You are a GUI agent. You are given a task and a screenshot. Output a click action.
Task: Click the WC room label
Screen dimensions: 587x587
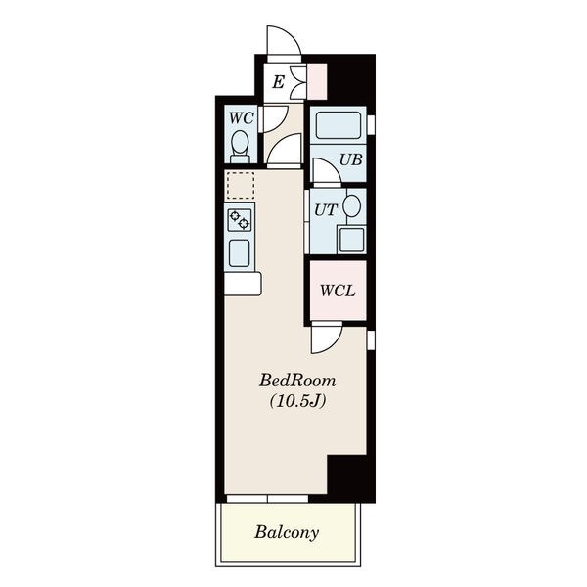click(x=241, y=118)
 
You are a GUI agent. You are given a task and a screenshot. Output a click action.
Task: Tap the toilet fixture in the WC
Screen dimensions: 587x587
click(x=240, y=147)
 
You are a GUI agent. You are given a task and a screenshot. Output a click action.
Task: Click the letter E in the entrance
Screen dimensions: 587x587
click(x=278, y=82)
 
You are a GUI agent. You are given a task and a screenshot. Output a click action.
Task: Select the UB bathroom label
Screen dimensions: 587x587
click(x=351, y=159)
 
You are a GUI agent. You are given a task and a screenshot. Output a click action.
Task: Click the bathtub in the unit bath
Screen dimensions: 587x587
click(x=339, y=125)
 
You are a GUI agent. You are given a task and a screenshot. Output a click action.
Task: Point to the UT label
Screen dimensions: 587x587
click(x=326, y=210)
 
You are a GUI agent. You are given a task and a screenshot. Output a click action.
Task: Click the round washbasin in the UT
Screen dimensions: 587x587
click(x=352, y=205)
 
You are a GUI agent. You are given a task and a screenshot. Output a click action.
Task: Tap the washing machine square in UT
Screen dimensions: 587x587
click(x=351, y=240)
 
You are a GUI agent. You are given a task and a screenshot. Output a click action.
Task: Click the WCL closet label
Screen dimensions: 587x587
click(x=338, y=291)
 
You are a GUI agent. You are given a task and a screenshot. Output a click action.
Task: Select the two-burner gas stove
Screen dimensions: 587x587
click(x=240, y=220)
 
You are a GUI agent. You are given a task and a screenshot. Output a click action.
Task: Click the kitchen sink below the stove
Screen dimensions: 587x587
click(x=240, y=253)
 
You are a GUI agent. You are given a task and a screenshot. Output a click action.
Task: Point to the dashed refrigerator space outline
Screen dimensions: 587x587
click(x=241, y=185)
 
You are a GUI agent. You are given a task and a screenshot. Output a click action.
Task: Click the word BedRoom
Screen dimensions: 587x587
click(x=297, y=381)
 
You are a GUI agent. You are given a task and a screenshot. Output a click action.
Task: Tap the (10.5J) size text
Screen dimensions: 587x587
click(x=297, y=401)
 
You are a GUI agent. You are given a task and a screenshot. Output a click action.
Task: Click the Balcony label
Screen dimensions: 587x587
click(x=287, y=532)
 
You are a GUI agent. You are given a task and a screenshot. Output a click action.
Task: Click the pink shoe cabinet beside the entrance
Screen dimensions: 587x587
click(x=317, y=81)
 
